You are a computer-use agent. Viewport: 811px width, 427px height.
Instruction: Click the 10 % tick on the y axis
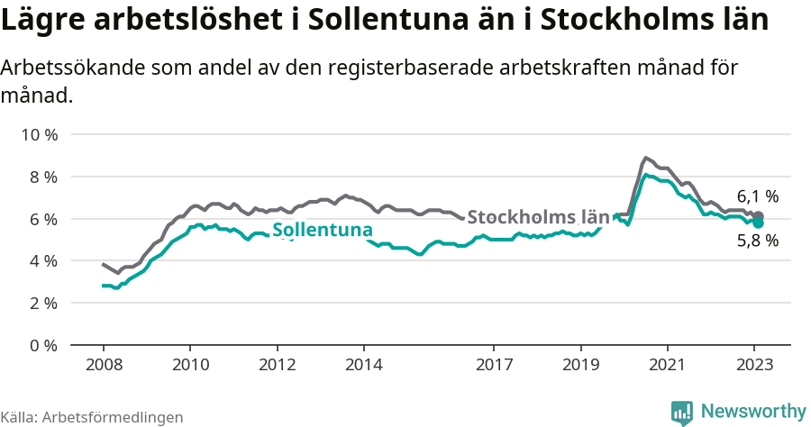tap(40, 135)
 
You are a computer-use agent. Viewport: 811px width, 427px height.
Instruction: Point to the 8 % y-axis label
tap(43, 177)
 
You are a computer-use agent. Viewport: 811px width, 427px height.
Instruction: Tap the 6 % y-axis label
tap(43, 219)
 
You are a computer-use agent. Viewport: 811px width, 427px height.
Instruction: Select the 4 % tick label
tap(43, 261)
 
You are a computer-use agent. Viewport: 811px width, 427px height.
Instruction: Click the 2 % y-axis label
tap(43, 304)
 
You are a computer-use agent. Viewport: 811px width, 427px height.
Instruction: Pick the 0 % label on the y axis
tap(43, 345)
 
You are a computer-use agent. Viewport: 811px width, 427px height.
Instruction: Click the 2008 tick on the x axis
tap(103, 366)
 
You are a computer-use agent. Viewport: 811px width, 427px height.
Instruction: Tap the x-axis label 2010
tap(190, 366)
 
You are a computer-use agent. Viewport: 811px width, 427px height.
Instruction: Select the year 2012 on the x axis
tap(277, 366)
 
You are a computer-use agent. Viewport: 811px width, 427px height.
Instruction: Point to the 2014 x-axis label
tap(363, 366)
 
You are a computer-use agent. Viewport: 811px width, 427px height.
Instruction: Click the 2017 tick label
tap(493, 366)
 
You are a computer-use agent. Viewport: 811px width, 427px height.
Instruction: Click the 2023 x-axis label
tap(753, 366)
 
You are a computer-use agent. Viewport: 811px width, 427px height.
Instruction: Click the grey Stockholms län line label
tap(538, 217)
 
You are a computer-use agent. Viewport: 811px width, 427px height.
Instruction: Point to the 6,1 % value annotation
tap(757, 196)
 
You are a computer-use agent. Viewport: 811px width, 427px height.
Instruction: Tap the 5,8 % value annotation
tap(757, 241)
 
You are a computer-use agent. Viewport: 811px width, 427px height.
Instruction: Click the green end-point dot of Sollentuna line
tap(758, 223)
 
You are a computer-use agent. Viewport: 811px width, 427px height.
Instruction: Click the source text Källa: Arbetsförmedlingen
tap(92, 417)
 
